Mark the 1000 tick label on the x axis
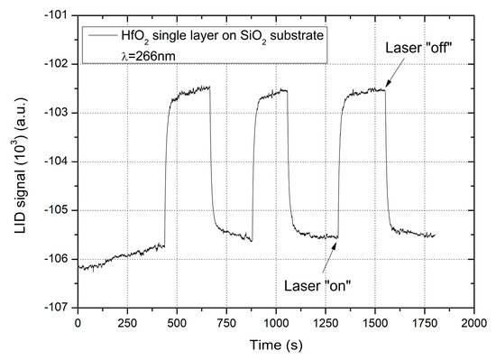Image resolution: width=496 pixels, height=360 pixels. [276, 321]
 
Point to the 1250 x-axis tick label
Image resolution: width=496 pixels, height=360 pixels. [326, 321]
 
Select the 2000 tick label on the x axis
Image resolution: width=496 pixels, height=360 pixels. [474, 321]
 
